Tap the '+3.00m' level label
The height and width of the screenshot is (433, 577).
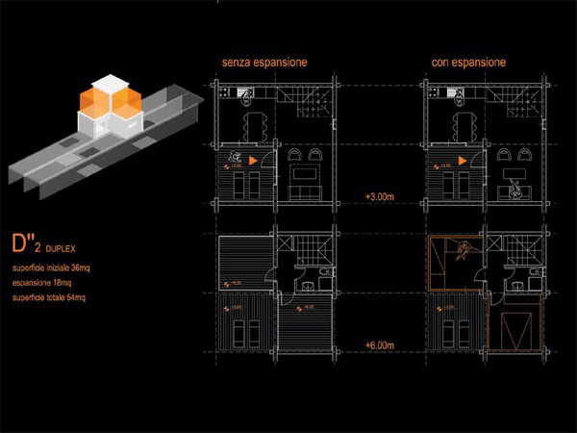click(x=380, y=196)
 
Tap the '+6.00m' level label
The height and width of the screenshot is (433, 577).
click(x=380, y=344)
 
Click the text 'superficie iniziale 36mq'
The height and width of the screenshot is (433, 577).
click(x=50, y=266)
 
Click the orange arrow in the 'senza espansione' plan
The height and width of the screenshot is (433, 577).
click(x=252, y=160)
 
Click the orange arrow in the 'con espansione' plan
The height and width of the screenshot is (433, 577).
click(x=462, y=160)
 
